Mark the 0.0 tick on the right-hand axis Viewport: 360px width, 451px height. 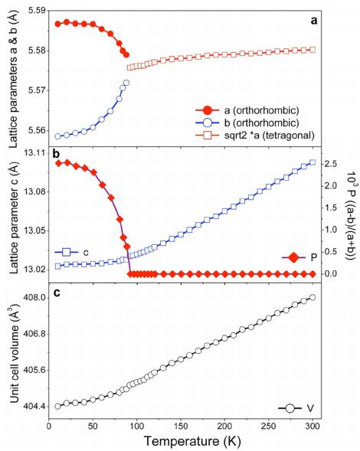point(332,252)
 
